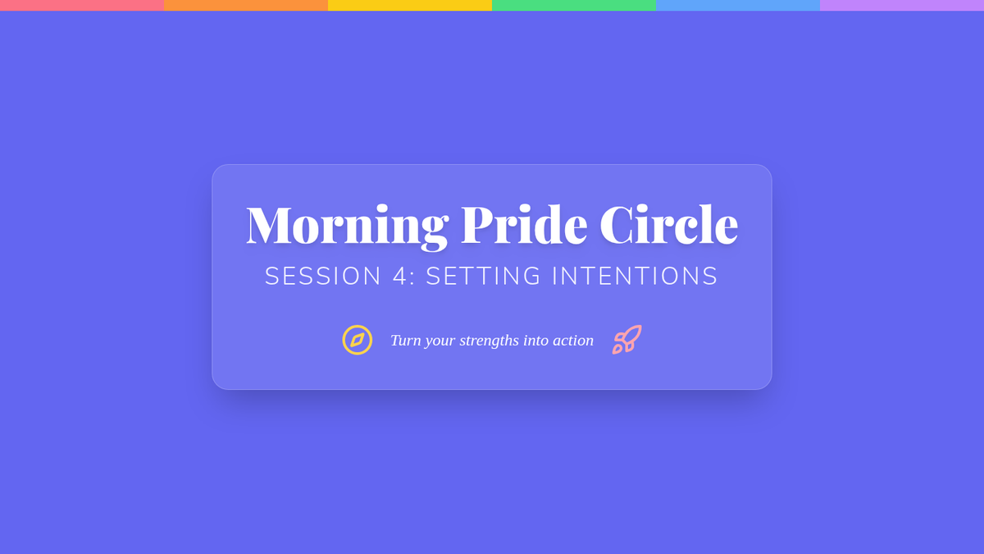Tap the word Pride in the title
pos(524,224)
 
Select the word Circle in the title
pos(668,224)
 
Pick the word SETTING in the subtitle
pos(483,276)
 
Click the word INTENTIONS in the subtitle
pos(635,276)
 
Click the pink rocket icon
pos(627,340)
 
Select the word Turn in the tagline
pos(405,341)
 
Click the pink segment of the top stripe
pos(82,5)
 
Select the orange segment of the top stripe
pos(246,5)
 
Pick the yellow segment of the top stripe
pos(410,5)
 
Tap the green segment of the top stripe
pos(574,5)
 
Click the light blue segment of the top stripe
pos(738,5)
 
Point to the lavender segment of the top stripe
pos(902,5)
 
